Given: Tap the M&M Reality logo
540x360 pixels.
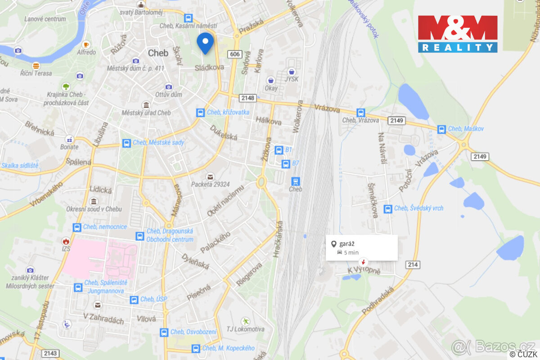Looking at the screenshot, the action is tap(458, 34).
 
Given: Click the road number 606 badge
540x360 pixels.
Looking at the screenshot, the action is tap(234, 54).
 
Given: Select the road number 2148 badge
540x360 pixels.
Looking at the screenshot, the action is tap(247, 98).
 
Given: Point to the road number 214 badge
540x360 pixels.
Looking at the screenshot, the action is tap(413, 265).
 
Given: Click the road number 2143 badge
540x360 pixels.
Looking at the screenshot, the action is tap(51, 353).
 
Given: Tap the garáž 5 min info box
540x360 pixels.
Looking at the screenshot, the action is tap(362, 247).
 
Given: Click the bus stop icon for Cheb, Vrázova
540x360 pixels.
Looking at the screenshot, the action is tap(360, 112).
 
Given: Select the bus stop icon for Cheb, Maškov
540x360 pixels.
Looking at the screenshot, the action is tap(441, 129).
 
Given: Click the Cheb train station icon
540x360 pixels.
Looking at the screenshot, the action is tap(295, 181).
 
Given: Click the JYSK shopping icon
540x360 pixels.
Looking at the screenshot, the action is tap(292, 72).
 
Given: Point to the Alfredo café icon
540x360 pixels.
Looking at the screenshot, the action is tap(86, 45).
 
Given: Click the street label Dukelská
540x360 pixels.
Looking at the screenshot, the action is tap(223, 132).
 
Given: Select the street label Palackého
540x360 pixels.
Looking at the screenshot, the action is tap(216, 242).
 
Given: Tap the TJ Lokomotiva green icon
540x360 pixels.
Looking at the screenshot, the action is tap(245, 321).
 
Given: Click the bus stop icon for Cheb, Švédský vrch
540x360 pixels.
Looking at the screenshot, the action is tap(387, 208).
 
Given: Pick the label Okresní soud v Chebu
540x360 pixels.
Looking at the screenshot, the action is tap(94, 209).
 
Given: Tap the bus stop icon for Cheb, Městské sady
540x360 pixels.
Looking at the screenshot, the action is tap(126, 143).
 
